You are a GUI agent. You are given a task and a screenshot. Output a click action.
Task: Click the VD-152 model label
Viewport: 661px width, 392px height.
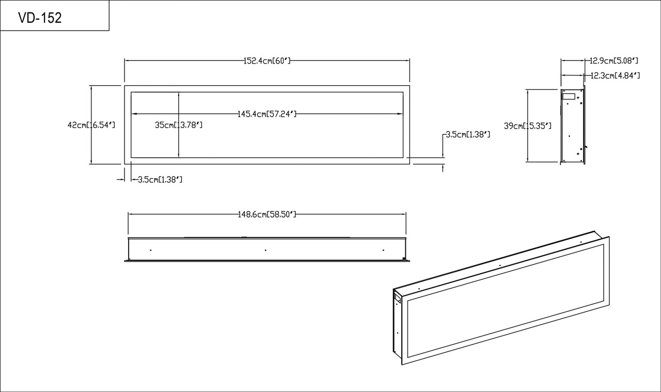[x=40, y=18]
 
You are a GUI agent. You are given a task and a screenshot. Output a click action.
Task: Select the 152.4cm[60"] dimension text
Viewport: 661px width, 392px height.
[x=267, y=60]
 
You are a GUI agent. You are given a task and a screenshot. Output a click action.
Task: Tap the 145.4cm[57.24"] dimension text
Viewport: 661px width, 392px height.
[x=267, y=114]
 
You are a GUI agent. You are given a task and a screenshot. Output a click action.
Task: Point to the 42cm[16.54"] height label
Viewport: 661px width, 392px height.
[x=91, y=125]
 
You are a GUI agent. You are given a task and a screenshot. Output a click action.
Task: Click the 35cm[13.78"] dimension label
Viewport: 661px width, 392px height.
[x=179, y=125]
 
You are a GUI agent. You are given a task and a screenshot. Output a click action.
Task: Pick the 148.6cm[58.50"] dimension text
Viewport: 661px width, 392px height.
[x=266, y=214]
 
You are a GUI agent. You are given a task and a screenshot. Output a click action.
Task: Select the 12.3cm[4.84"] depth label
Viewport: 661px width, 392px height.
[x=615, y=75]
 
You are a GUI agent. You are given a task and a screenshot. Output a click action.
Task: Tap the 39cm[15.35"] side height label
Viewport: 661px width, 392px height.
[x=528, y=126]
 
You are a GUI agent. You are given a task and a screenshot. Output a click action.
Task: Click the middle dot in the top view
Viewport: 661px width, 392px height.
[x=265, y=250]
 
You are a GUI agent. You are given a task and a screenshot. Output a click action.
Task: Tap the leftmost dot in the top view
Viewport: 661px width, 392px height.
[x=150, y=250]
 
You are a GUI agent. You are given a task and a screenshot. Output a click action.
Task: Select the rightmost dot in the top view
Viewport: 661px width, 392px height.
[x=383, y=250]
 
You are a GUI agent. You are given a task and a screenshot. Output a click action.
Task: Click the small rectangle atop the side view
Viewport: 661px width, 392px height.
[x=569, y=96]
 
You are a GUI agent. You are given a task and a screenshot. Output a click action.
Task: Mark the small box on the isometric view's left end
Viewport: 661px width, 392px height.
[x=398, y=298]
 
